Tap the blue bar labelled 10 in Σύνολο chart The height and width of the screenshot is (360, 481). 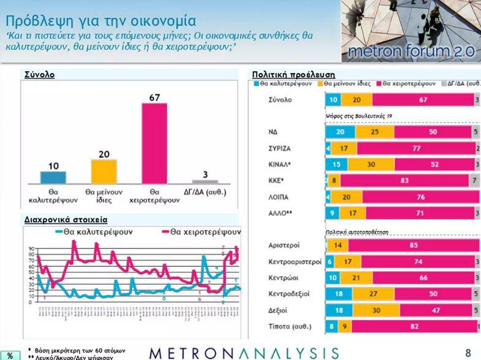click(x=53, y=177)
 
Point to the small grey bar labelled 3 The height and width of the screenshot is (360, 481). click(x=205, y=182)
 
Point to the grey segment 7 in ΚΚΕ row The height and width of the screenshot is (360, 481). click(x=474, y=181)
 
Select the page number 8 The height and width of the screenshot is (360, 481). click(x=468, y=353)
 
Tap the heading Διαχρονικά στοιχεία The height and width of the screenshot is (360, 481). click(x=57, y=218)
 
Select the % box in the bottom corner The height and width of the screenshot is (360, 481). click(x=10, y=355)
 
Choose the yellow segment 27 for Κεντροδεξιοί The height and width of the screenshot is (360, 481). click(x=374, y=294)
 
